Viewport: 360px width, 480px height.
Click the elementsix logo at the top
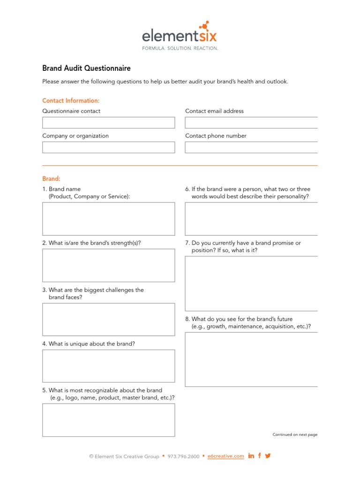(x=180, y=35)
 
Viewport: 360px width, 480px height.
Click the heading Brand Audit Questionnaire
(x=86, y=68)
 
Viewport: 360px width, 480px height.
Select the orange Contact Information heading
(x=71, y=101)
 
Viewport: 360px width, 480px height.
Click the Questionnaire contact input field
(x=108, y=123)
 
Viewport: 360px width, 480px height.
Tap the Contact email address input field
(x=251, y=123)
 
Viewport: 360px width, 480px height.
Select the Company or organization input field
(x=108, y=148)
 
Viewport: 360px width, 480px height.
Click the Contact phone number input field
(x=251, y=148)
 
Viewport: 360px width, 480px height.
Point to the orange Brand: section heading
(x=51, y=179)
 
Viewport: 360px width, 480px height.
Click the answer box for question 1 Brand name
(x=108, y=219)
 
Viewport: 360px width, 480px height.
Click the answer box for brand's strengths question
(x=108, y=265)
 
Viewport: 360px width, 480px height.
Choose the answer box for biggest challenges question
(x=108, y=320)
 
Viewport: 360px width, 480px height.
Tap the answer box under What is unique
(x=108, y=366)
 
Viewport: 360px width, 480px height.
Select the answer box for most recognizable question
(x=108, y=420)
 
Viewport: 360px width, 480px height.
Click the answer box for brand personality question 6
(x=251, y=219)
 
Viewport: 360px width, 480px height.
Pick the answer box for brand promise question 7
(x=251, y=284)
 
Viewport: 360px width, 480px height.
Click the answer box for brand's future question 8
(x=251, y=360)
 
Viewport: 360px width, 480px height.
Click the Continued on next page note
(x=295, y=435)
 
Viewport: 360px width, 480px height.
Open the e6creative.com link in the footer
(x=226, y=456)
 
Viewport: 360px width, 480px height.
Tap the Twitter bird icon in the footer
(x=268, y=456)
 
